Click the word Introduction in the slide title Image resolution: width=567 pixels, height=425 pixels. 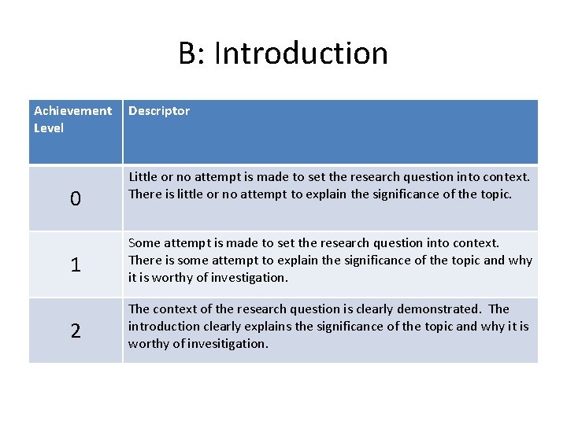pyautogui.click(x=301, y=54)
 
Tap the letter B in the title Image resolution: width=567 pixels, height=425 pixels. pyautogui.click(x=187, y=54)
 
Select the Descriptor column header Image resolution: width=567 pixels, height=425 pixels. pyautogui.click(x=159, y=111)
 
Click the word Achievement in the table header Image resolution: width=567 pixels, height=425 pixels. pyautogui.click(x=72, y=111)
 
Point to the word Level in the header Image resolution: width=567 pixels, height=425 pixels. pyautogui.click(x=49, y=128)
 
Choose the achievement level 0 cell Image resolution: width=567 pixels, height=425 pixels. pyautogui.click(x=75, y=199)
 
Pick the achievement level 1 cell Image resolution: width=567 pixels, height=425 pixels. pyautogui.click(x=75, y=265)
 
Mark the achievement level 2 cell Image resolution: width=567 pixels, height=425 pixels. pyautogui.click(x=75, y=331)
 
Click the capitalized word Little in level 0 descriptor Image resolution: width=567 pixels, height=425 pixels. pyautogui.click(x=142, y=177)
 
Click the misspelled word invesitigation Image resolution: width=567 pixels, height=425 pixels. pyautogui.click(x=228, y=344)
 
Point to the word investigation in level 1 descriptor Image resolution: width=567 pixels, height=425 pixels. pyautogui.click(x=249, y=278)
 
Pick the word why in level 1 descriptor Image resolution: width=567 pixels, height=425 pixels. pyautogui.click(x=521, y=261)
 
